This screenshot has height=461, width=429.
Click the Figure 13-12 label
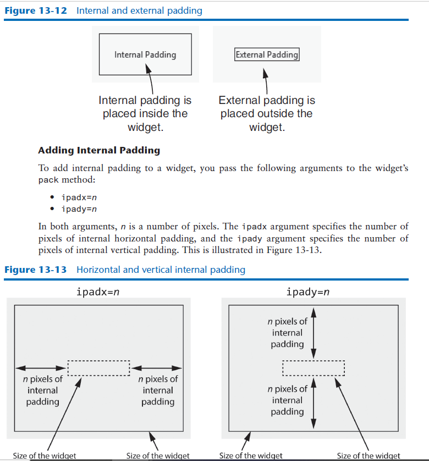click(36, 11)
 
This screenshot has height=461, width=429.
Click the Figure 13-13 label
click(36, 270)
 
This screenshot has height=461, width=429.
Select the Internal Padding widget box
click(145, 54)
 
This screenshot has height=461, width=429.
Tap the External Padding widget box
click(267, 54)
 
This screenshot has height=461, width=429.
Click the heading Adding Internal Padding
click(99, 150)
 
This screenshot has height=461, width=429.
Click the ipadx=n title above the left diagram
click(98, 292)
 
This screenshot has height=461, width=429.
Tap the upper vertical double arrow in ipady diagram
click(313, 333)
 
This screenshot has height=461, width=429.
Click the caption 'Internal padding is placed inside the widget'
click(145, 114)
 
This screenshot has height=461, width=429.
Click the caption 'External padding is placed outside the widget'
click(267, 114)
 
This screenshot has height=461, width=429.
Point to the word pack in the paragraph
click(48, 180)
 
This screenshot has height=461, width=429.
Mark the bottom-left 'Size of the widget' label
click(44, 455)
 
